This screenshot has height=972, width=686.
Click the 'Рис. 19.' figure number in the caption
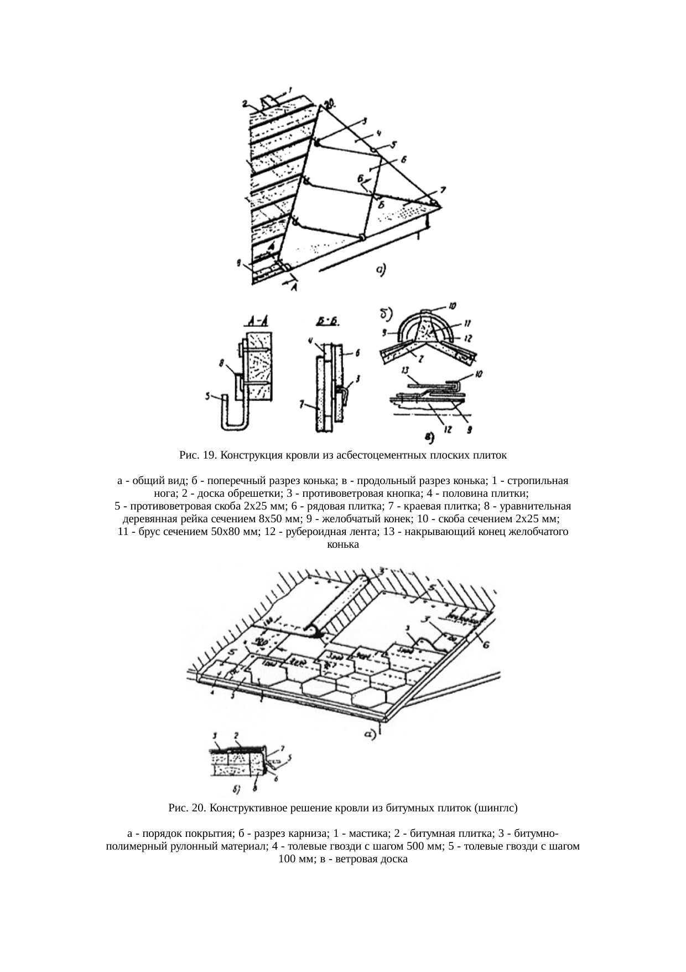(x=197, y=456)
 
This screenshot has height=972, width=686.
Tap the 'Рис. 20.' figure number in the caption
(x=186, y=808)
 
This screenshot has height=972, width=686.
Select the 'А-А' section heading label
(x=255, y=320)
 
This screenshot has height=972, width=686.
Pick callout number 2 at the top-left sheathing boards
(x=244, y=103)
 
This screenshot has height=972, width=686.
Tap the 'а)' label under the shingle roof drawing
(x=370, y=735)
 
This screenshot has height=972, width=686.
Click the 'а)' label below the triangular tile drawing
(x=380, y=270)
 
